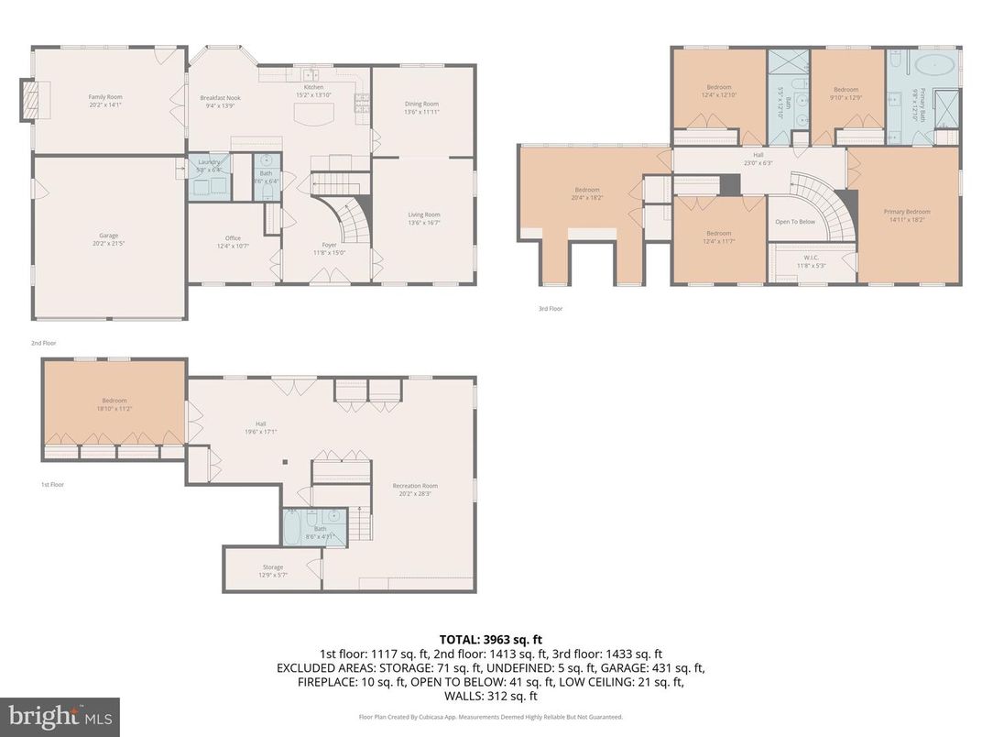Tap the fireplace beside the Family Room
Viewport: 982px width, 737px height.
point(32,99)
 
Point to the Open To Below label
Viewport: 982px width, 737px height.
point(794,222)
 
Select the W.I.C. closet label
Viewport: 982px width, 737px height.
point(811,262)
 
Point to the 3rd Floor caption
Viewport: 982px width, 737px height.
point(550,309)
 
